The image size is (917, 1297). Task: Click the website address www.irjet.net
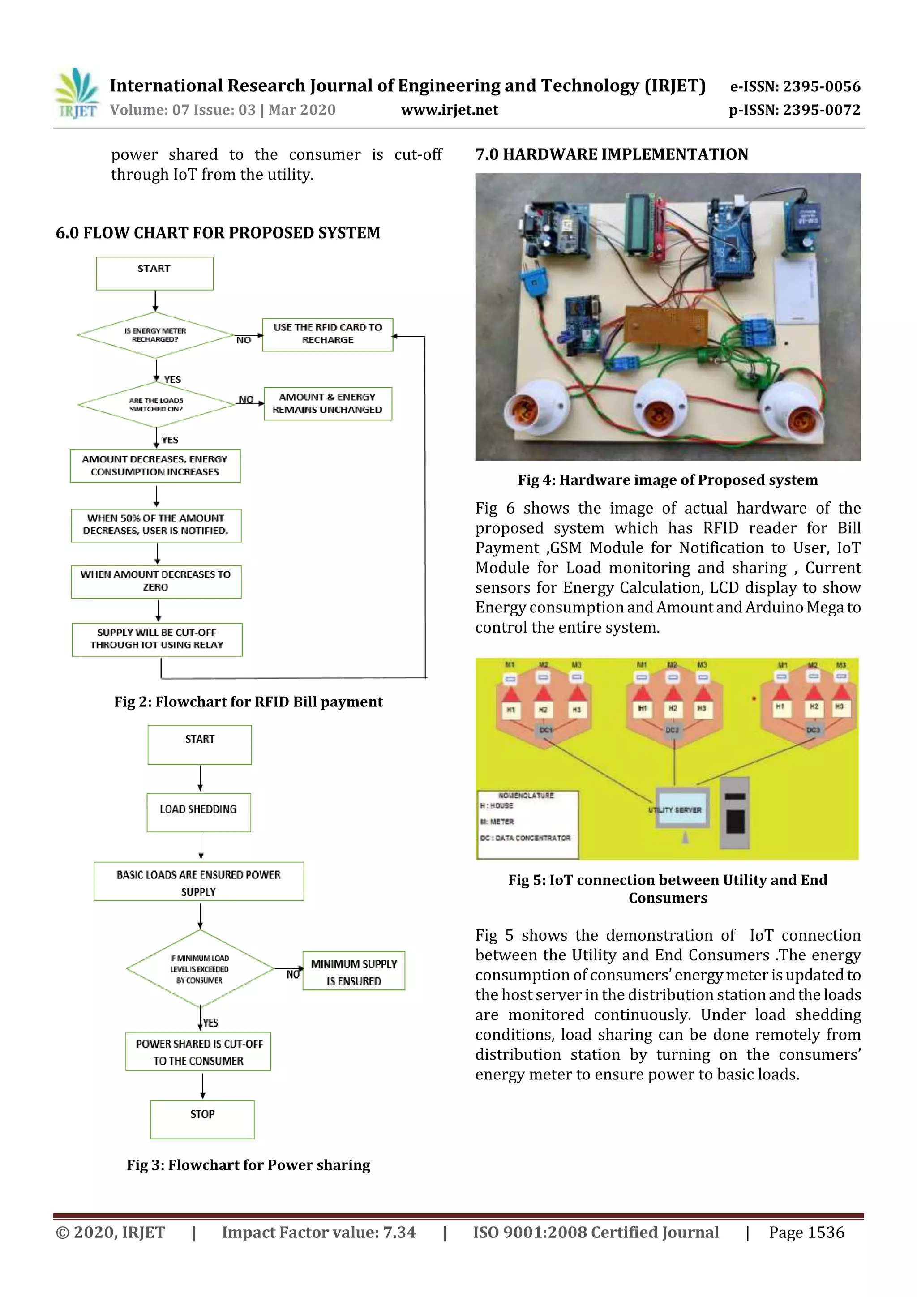tap(449, 110)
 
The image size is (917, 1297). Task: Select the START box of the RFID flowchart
tap(154, 274)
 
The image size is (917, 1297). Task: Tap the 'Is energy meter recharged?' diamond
tap(155, 335)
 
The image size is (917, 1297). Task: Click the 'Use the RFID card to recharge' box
tap(327, 334)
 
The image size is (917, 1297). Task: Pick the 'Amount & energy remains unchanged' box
tap(328, 403)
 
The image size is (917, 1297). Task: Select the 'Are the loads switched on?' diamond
tap(156, 404)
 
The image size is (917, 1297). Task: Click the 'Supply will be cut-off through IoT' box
tap(157, 639)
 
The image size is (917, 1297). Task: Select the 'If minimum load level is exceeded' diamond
tap(200, 969)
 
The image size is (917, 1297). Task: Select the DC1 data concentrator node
tap(545, 730)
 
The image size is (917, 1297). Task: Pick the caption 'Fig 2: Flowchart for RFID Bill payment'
tap(248, 702)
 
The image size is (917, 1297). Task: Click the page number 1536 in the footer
tap(806, 1232)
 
